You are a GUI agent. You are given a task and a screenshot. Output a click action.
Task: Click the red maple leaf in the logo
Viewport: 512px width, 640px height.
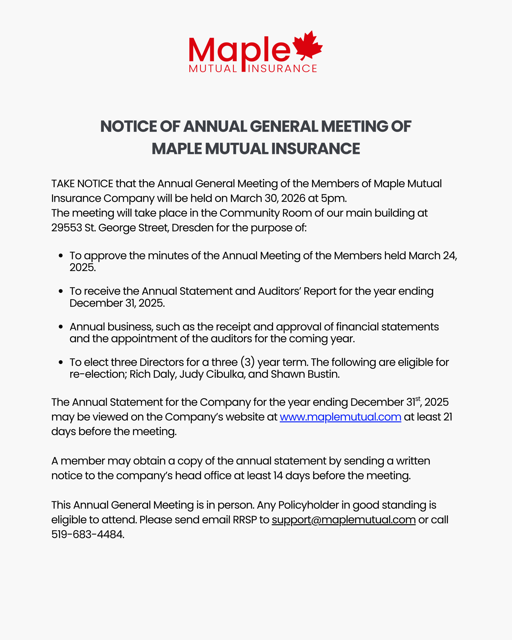308,45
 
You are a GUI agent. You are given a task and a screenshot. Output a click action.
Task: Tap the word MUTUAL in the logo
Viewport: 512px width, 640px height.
213,69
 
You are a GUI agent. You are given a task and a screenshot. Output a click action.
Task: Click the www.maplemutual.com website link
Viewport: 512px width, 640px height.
340,417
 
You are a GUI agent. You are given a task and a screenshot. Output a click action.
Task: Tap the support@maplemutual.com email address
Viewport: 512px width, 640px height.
343,520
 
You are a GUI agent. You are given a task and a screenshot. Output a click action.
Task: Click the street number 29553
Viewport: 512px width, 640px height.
66,228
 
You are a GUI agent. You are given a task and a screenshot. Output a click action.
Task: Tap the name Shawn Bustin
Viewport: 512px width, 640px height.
305,374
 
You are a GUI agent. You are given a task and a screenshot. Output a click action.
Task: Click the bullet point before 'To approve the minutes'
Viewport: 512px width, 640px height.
61,255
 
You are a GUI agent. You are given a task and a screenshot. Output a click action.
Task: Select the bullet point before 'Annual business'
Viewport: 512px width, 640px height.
61,327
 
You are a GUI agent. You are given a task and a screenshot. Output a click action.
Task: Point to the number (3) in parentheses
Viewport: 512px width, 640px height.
247,362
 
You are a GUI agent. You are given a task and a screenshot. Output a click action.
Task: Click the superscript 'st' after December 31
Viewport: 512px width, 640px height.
417,399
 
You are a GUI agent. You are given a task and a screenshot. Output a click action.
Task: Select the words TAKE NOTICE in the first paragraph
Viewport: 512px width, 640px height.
82,184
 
